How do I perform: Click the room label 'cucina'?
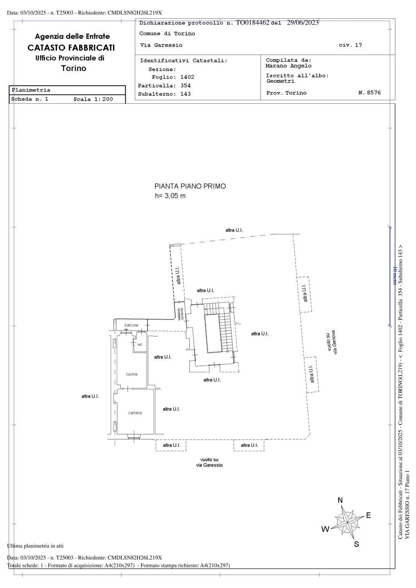tap(131, 374)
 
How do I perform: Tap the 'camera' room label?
tap(135, 413)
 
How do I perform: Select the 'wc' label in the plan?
tap(140, 345)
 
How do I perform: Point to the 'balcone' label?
tap(131, 325)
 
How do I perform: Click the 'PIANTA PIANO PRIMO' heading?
tap(190, 186)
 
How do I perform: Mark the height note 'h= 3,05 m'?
tap(170, 196)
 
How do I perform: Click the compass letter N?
tap(340, 500)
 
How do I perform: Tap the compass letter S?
tap(357, 544)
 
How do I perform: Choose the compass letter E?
tap(369, 515)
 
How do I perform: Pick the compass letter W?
tap(325, 529)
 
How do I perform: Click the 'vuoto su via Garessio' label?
tap(209, 462)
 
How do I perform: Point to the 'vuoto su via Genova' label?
tap(332, 342)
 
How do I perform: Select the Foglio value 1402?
tap(187, 77)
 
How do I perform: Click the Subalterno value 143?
tap(185, 94)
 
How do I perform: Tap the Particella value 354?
tap(185, 85)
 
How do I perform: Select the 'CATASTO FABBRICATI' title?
tap(71, 47)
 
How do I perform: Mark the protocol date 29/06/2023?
tap(303, 23)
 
